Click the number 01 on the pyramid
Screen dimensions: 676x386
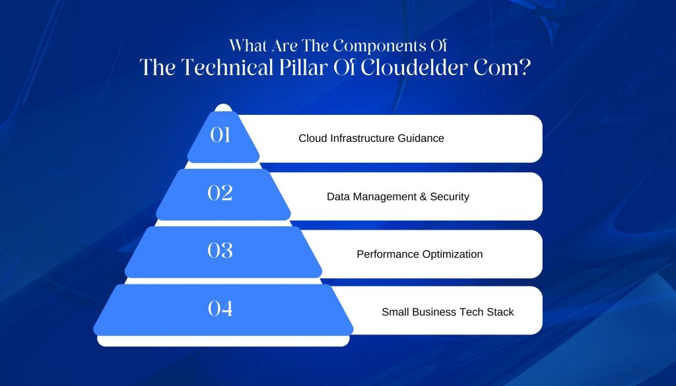pyautogui.click(x=220, y=135)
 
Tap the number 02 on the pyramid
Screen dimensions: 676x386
pyautogui.click(x=220, y=193)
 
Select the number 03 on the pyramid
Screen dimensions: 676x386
pyautogui.click(x=220, y=250)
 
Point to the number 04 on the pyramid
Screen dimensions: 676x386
pyautogui.click(x=220, y=308)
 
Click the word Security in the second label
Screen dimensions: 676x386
pyautogui.click(x=450, y=197)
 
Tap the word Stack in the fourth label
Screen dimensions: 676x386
pyautogui.click(x=500, y=312)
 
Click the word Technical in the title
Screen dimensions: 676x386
pyautogui.click(x=227, y=68)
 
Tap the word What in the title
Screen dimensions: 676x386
pyautogui.click(x=247, y=46)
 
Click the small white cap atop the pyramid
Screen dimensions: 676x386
pyautogui.click(x=223, y=108)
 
